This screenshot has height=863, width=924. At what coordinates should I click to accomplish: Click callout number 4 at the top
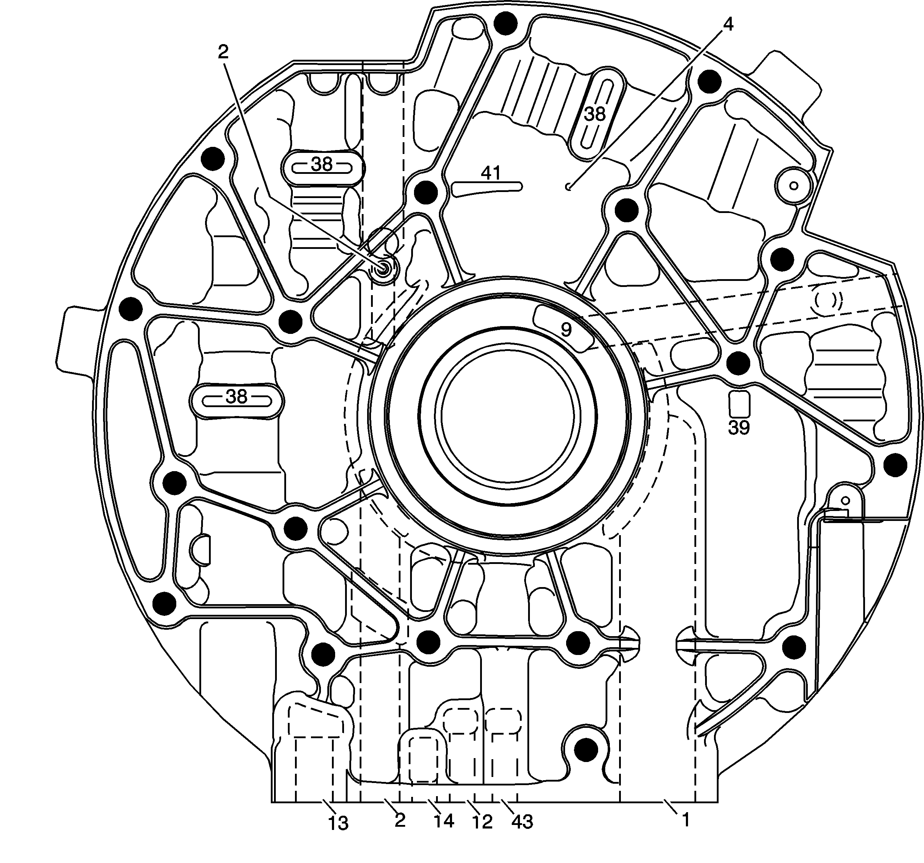tap(728, 24)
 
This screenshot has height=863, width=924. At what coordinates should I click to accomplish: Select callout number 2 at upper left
tap(223, 52)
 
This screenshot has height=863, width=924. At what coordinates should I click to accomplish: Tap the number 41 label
tap(491, 174)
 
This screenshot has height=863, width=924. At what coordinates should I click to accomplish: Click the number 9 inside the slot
tap(566, 330)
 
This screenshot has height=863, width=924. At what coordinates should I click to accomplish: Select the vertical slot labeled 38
tap(595, 114)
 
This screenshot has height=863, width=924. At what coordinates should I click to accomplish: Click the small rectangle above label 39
tap(739, 404)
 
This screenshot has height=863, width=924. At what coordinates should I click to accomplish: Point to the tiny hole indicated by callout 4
tap(568, 187)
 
